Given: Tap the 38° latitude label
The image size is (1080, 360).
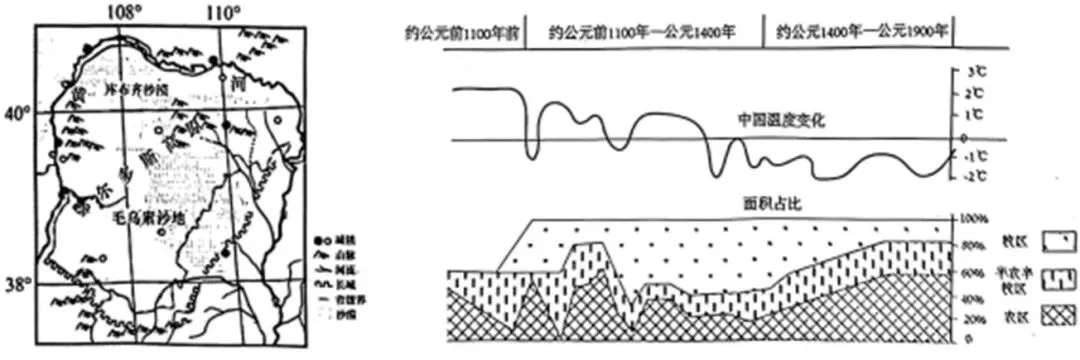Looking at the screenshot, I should (x=17, y=283).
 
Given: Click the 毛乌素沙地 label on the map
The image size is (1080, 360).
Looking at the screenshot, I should (x=149, y=215).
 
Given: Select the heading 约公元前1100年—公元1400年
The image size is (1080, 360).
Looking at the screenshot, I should (x=642, y=31).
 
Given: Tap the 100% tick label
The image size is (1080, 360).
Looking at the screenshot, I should (x=977, y=217).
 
